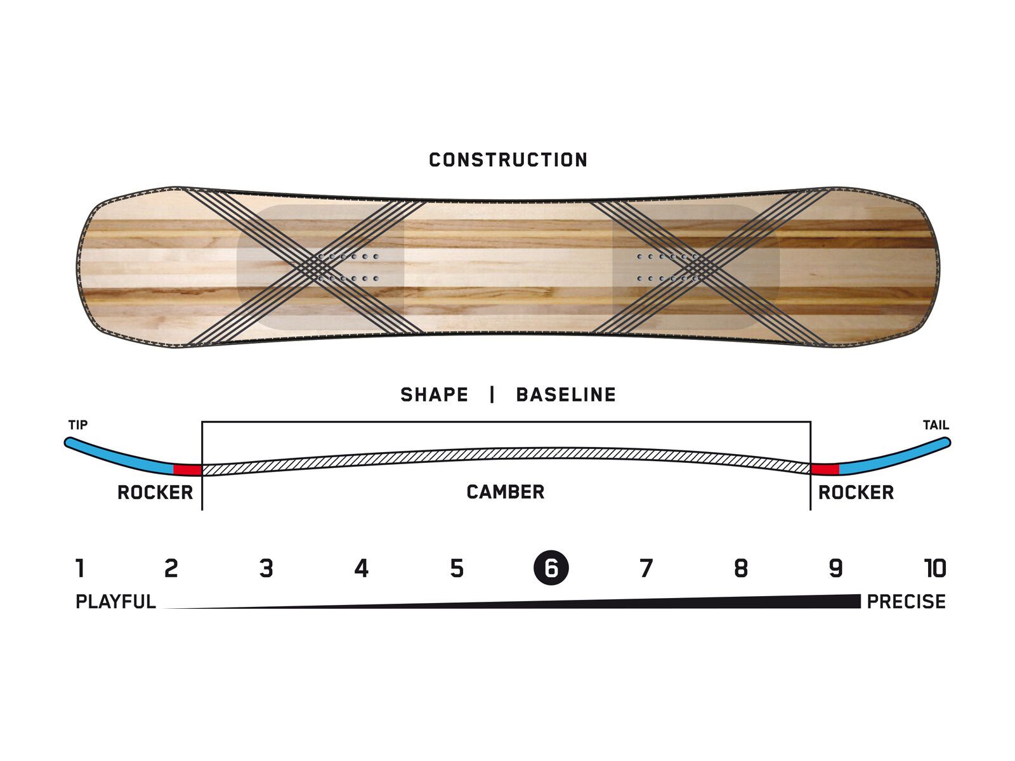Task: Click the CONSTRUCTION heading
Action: click(508, 160)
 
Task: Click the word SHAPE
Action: click(434, 395)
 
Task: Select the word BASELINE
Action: click(566, 395)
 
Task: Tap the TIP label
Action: click(78, 425)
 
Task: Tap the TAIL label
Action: click(936, 425)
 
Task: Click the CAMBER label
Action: click(506, 492)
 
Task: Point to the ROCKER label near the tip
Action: click(155, 493)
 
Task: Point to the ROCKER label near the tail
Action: click(856, 493)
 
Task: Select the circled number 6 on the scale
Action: click(551, 568)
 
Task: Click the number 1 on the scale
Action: click(80, 569)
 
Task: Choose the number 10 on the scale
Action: click(934, 569)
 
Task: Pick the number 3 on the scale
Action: click(266, 569)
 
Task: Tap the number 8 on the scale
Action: click(741, 569)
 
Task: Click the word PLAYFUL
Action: click(115, 602)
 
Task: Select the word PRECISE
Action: click(906, 602)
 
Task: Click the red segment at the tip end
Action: click(188, 470)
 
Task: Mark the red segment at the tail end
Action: click(825, 469)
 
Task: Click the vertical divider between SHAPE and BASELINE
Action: click(492, 395)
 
